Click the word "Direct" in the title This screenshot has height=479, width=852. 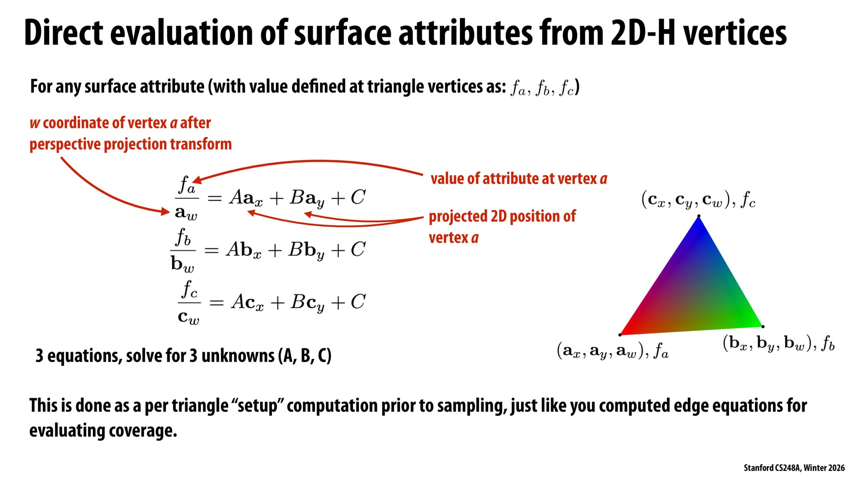64,33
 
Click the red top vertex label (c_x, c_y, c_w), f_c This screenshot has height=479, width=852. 698,200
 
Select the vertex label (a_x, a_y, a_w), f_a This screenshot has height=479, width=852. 612,351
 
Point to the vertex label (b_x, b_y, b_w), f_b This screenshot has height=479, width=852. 779,343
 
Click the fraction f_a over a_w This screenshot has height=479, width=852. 187,198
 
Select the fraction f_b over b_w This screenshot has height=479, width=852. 183,250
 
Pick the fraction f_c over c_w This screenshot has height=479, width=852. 189,302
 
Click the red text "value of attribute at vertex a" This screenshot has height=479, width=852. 518,179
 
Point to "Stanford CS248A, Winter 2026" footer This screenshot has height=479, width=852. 794,468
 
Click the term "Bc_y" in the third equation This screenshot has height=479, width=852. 307,303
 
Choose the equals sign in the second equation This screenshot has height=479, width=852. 212,250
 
